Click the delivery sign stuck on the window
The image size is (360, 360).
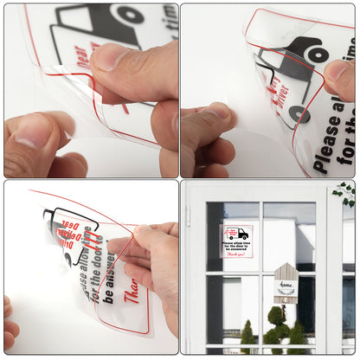click(x=237, y=241)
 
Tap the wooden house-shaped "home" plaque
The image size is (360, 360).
click(x=286, y=282)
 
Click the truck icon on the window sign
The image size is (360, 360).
click(x=236, y=234)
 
